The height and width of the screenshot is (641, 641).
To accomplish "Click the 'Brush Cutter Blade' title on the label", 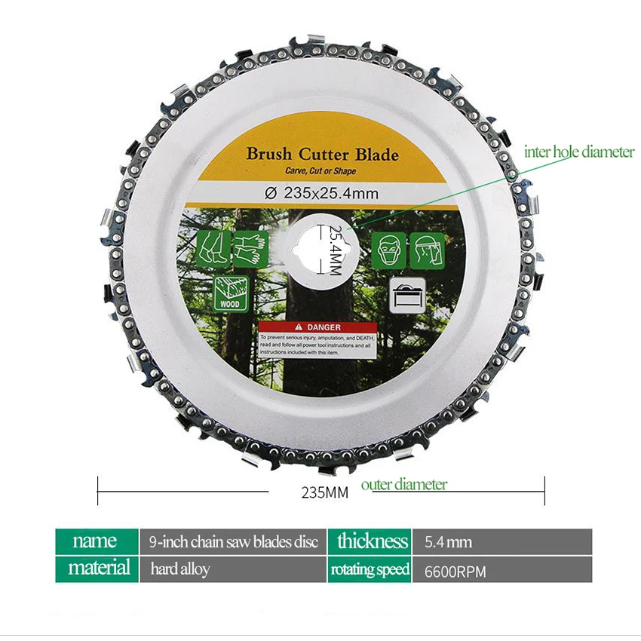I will click(322, 155).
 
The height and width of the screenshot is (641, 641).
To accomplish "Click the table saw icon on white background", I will click(407, 293).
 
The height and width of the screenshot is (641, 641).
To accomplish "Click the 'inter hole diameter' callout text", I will click(579, 152).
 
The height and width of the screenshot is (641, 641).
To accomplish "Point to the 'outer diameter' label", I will click(403, 484).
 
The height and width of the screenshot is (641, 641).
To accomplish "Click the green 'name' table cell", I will click(96, 541).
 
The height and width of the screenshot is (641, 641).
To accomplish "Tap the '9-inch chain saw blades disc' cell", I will click(234, 541).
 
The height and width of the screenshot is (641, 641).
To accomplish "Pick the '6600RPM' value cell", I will click(455, 570).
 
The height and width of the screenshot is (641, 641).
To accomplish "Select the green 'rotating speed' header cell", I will click(370, 569).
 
